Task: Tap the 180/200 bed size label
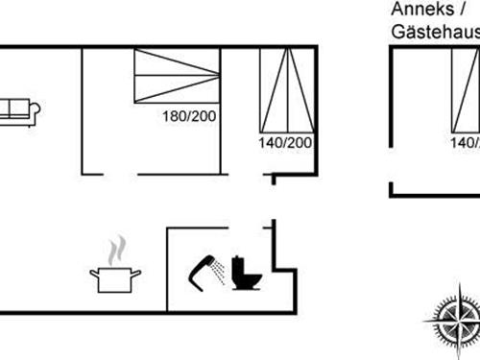click(189, 117)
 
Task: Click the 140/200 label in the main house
click(286, 143)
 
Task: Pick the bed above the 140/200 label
click(286, 88)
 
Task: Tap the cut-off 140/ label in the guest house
click(466, 143)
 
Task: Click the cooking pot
click(116, 278)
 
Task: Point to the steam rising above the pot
click(116, 251)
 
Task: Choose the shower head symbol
click(201, 270)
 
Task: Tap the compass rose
click(453, 318)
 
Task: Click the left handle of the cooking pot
click(94, 274)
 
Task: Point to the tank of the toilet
click(240, 265)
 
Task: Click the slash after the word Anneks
click(452, 9)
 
